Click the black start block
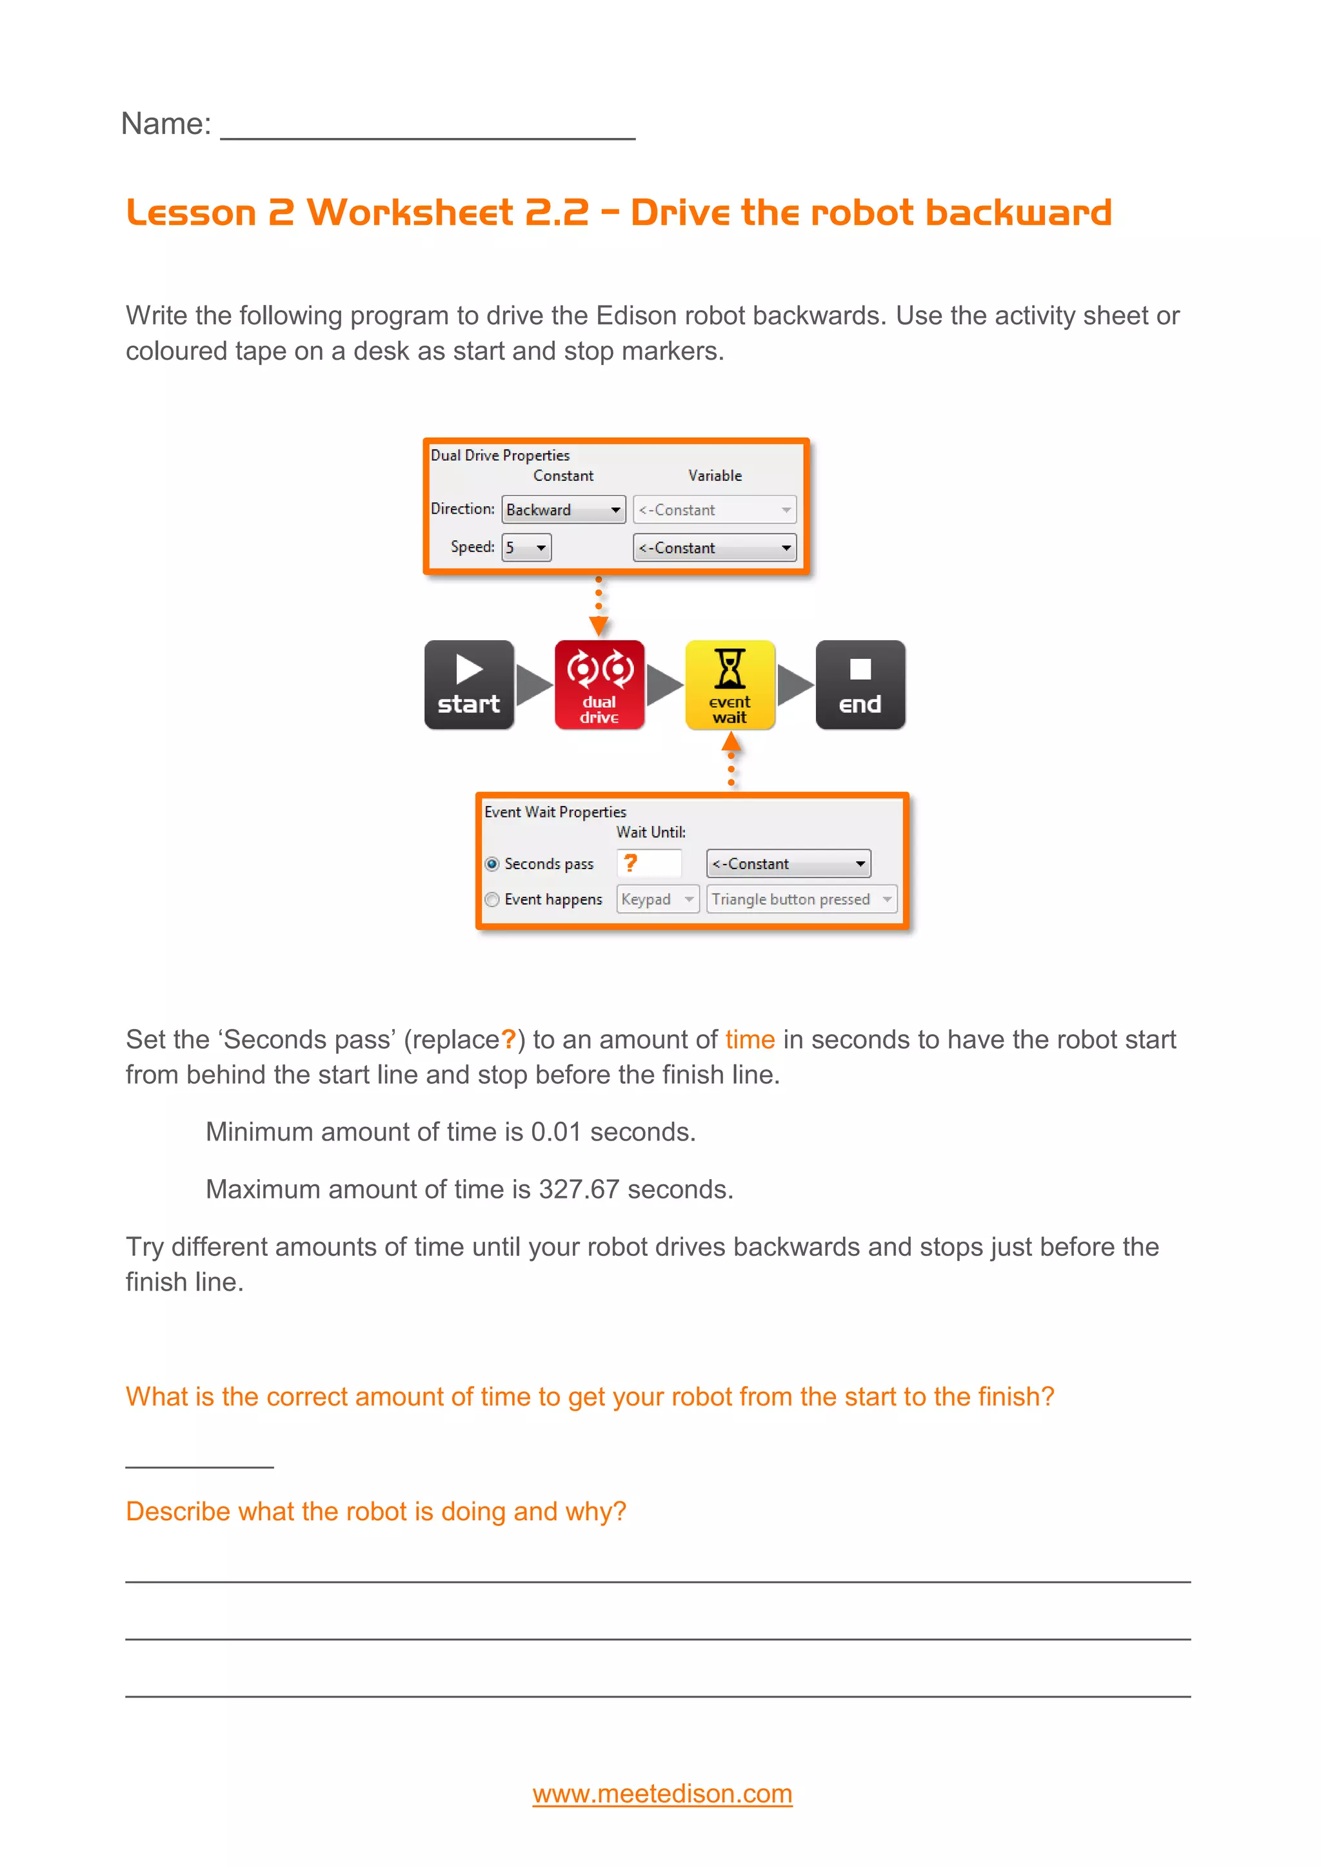[468, 685]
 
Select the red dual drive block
[599, 685]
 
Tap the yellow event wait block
[730, 685]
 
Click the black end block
[860, 685]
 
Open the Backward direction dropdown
[563, 510]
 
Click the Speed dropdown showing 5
[526, 547]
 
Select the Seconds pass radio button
[492, 864]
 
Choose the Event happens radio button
[492, 899]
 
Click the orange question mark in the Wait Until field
[630, 863]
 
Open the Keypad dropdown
[657, 899]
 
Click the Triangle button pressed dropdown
[801, 899]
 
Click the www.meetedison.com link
[662, 1793]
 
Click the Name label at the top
[166, 124]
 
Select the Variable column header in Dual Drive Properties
[714, 476]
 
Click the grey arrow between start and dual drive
[533, 685]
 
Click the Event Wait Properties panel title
[555, 812]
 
